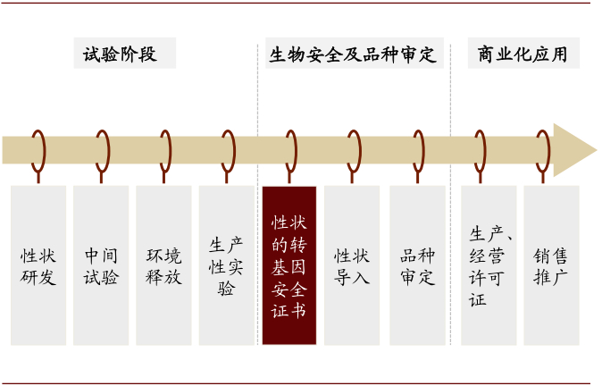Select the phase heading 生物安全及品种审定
(x=354, y=55)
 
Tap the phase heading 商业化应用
(x=523, y=55)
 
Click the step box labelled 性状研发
(x=38, y=265)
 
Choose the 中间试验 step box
(x=101, y=265)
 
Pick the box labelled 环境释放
(x=163, y=265)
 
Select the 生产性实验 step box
(x=226, y=265)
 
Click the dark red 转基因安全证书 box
(x=289, y=265)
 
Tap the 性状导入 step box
(x=352, y=265)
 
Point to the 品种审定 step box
(x=417, y=265)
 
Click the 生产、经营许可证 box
(x=489, y=265)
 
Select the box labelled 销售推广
(x=551, y=265)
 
